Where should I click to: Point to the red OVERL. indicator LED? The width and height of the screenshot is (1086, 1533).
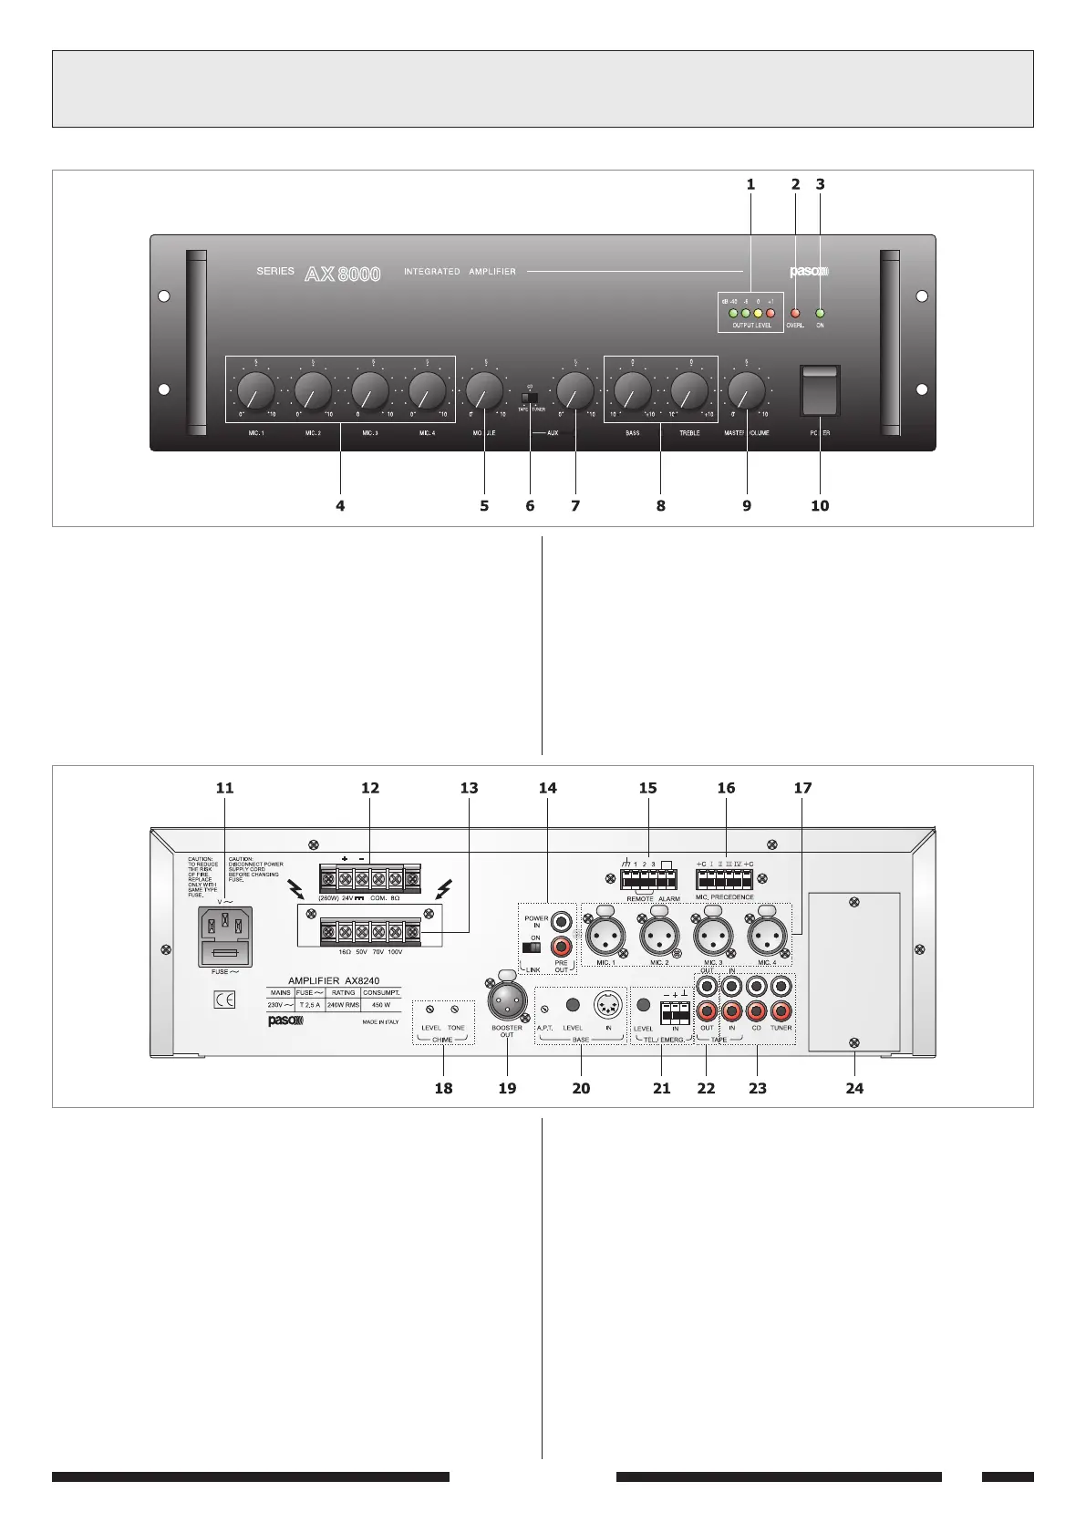pyautogui.click(x=795, y=313)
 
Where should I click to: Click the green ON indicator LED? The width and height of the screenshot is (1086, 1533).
pyautogui.click(x=820, y=313)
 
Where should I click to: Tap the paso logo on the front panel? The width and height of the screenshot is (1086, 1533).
pyautogui.click(x=807, y=271)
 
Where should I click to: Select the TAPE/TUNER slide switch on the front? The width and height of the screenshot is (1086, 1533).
pyautogui.click(x=530, y=398)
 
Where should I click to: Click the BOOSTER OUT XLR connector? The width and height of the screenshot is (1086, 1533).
pyautogui.click(x=506, y=1002)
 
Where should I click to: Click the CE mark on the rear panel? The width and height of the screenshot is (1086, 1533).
pyautogui.click(x=224, y=1000)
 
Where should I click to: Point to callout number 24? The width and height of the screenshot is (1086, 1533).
pyautogui.click(x=854, y=1087)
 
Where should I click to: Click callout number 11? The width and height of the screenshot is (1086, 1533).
pyautogui.click(x=224, y=787)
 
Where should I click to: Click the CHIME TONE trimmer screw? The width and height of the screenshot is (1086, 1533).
pyautogui.click(x=455, y=1009)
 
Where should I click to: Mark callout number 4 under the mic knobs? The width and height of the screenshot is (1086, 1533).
pyautogui.click(x=340, y=504)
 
